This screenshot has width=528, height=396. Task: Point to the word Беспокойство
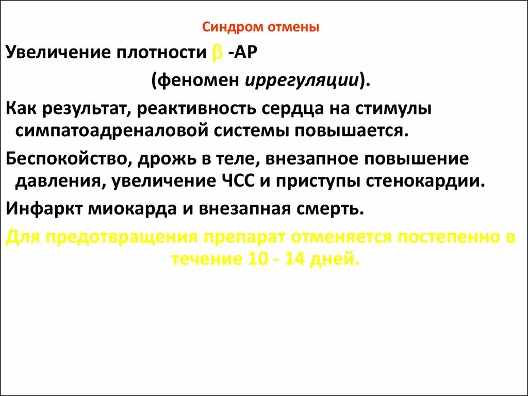tap(67, 159)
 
